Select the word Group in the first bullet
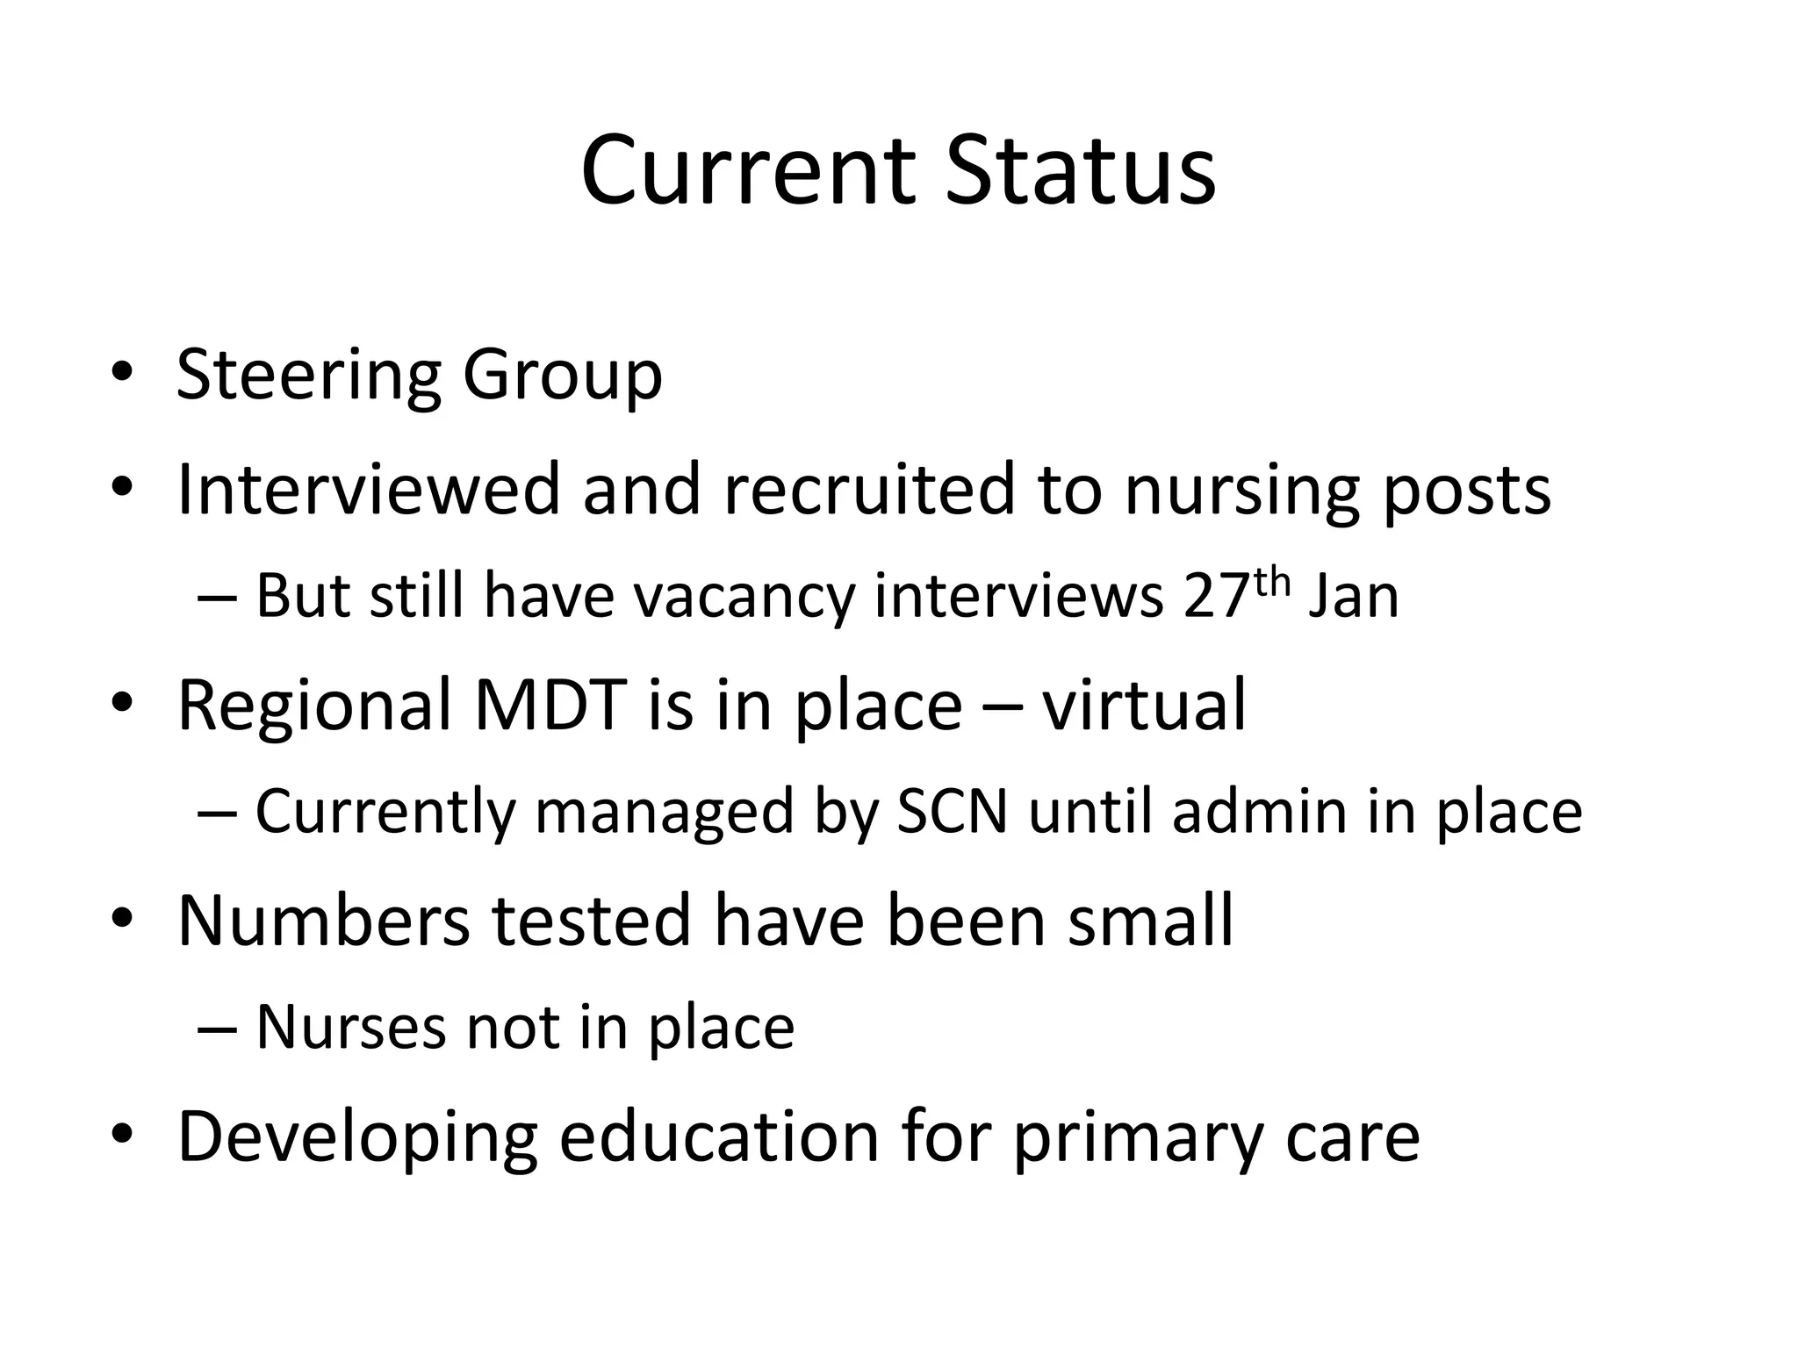point(562,376)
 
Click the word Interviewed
point(369,489)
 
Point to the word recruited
point(869,489)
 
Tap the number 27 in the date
point(1215,597)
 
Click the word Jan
point(1353,597)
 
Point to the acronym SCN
point(952,812)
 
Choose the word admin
point(1259,812)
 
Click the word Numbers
point(324,921)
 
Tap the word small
point(1150,921)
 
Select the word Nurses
point(351,1028)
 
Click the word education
point(719,1137)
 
